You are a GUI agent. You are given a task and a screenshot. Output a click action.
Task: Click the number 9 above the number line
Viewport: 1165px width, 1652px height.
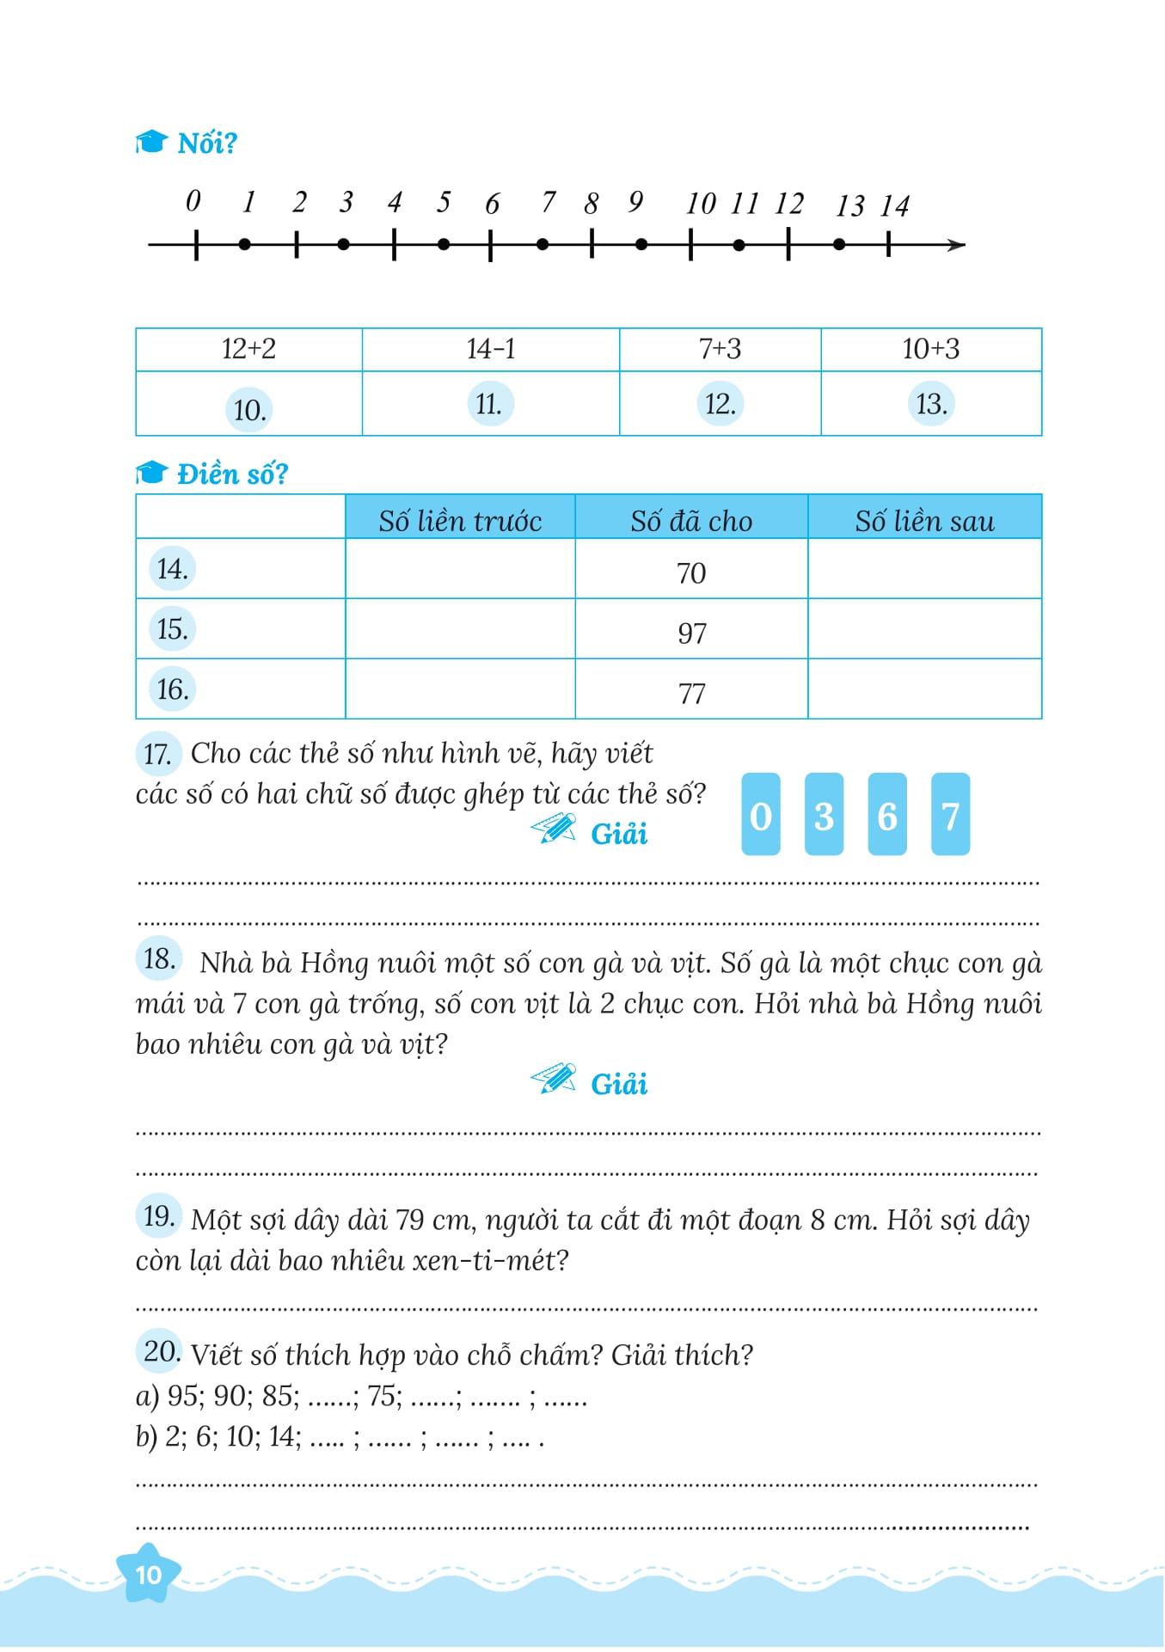click(635, 201)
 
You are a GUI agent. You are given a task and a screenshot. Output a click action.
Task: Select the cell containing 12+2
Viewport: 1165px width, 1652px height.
click(248, 349)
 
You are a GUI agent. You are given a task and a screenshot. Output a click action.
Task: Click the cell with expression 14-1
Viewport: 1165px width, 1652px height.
click(491, 349)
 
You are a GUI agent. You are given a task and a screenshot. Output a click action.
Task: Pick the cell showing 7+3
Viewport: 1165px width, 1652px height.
click(720, 349)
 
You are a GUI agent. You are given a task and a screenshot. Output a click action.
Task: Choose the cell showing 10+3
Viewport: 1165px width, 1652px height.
click(930, 349)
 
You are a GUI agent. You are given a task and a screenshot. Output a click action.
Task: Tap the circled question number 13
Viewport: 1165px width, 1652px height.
click(930, 404)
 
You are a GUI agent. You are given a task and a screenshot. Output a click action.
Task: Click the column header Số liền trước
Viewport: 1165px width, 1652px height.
click(460, 521)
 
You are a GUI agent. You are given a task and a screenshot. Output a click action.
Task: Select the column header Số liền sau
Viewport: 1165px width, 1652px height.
click(924, 521)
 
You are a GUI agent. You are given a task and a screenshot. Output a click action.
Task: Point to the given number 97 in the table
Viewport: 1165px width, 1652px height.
click(691, 633)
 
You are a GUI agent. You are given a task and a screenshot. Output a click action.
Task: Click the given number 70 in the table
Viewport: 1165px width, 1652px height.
click(691, 573)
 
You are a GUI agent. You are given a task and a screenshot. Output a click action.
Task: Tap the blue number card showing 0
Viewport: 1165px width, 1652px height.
click(761, 815)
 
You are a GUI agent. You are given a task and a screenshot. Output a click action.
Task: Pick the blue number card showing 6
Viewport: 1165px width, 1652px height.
click(887, 815)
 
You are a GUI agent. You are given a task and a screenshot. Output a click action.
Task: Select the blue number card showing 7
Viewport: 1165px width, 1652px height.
click(950, 815)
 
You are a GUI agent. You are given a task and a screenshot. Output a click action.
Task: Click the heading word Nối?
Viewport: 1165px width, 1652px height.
click(206, 144)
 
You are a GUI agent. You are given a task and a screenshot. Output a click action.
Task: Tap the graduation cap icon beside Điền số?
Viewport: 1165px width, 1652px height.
click(150, 473)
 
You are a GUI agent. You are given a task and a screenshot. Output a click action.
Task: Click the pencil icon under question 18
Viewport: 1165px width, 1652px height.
click(554, 1079)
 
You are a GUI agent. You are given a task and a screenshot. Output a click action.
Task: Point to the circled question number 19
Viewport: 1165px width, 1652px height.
click(159, 1216)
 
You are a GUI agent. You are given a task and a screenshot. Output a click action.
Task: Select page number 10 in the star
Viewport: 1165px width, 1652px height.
click(149, 1574)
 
